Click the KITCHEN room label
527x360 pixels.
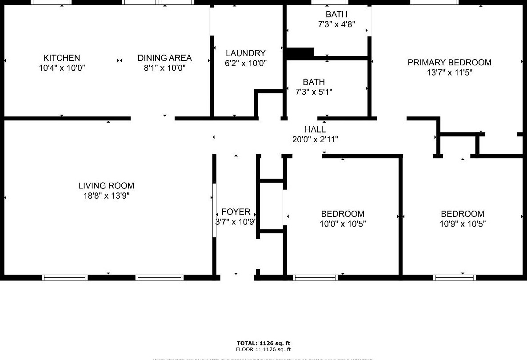62,58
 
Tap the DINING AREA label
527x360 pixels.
164,58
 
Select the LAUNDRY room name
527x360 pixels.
245,53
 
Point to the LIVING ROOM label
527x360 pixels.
106,186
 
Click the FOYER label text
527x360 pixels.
236,212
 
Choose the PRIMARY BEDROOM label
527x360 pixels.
449,63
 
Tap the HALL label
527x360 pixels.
315,130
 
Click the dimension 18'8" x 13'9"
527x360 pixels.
106,196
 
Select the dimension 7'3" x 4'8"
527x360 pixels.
336,25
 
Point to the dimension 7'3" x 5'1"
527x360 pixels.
314,92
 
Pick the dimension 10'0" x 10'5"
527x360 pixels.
343,224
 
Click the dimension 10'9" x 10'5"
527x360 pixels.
463,224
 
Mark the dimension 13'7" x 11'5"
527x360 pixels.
449,73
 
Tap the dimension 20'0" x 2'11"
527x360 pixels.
315,140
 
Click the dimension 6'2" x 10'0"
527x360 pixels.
245,64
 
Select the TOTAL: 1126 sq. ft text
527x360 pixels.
263,343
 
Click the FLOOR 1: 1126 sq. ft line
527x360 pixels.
263,349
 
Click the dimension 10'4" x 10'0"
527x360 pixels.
62,68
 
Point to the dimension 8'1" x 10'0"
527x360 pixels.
164,68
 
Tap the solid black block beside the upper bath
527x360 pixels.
300,53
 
